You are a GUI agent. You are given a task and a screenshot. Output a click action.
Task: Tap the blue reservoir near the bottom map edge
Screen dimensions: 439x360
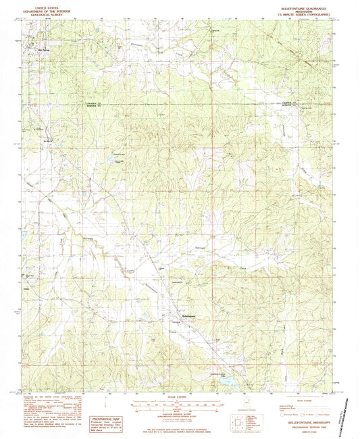click(228, 380)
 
